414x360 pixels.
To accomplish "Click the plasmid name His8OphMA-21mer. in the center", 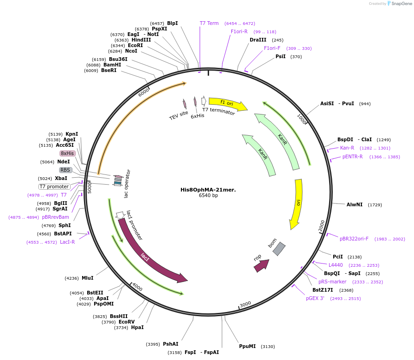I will tap(208, 190).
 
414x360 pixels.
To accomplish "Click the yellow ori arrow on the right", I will tap(297, 203).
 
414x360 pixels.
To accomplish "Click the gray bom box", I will tap(279, 249).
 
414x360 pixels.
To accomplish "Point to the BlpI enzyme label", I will tap(172, 23).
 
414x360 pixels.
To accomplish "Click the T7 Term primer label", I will tap(209, 23).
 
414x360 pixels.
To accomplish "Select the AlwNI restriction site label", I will tap(354, 204).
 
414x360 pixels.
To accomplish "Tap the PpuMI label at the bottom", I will tap(247, 346).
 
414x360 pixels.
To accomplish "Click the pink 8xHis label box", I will tap(67, 153).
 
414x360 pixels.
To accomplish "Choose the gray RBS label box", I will tap(66, 170).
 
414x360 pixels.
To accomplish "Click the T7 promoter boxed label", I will tap(54, 186).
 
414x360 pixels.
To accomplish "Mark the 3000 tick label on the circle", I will tap(245, 304).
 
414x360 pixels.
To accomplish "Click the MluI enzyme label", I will tap(87, 278).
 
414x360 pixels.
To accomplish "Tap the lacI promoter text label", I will tap(134, 225).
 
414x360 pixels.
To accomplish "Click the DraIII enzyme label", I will tap(258, 40).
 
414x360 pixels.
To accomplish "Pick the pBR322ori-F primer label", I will tap(354, 239).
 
